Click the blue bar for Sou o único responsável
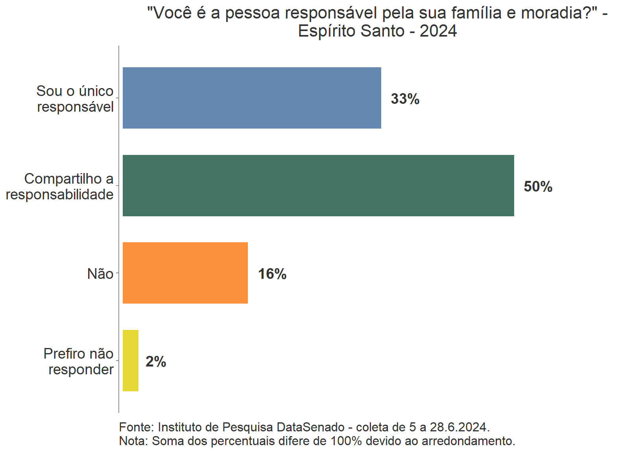coord(252,98)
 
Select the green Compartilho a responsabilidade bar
coord(318,186)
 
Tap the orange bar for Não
coord(185,273)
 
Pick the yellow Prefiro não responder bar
coord(131,361)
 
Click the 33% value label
coord(405,99)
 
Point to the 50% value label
coord(538,187)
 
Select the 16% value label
coord(272,274)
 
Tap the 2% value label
coord(156,362)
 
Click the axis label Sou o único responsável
coord(75,99)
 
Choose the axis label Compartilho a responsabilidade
coord(60,186)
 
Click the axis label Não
coord(100,274)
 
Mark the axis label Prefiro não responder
coord(79,361)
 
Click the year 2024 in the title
coord(438,31)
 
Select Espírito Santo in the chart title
coord(351,31)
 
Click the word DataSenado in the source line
coord(311,427)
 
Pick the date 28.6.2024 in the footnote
coord(459,427)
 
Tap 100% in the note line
coord(346,441)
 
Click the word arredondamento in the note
coord(468,441)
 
